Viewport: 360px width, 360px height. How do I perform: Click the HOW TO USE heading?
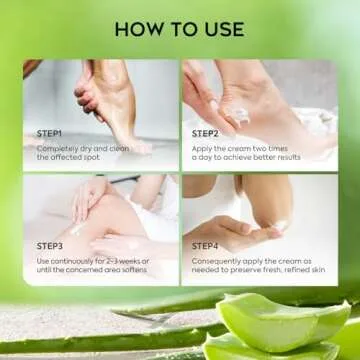click(179, 28)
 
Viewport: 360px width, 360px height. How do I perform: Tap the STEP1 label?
click(51, 132)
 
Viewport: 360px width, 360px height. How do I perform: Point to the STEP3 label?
click(51, 245)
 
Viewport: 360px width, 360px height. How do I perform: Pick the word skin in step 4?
click(326, 270)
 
